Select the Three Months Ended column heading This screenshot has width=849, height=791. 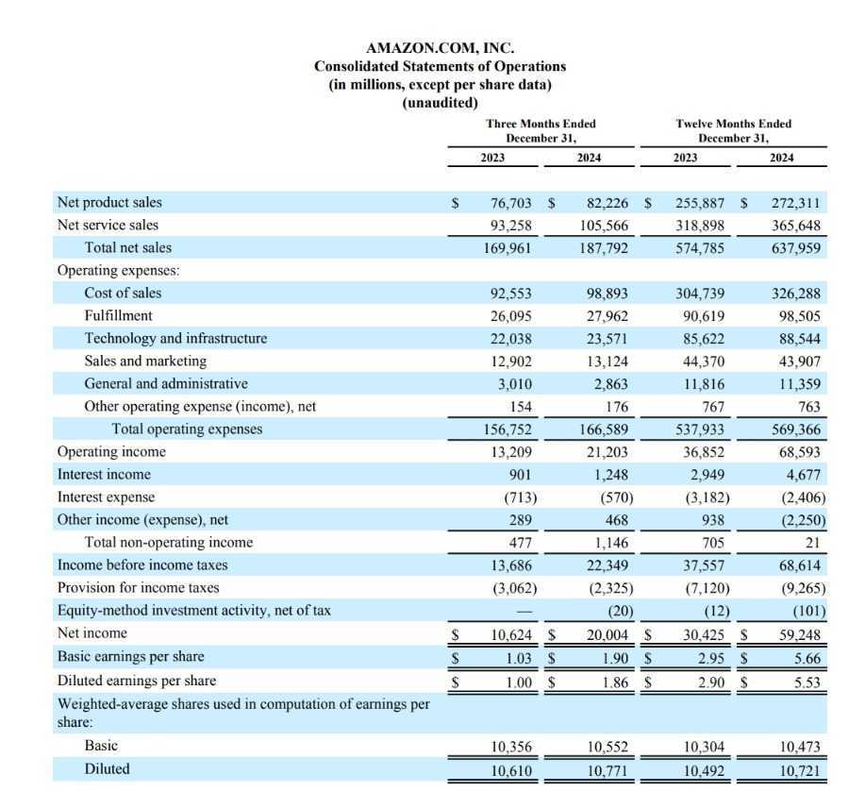(541, 124)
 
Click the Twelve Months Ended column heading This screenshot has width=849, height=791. (733, 124)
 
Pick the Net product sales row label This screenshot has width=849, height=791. (109, 202)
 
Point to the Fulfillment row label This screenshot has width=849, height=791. (118, 315)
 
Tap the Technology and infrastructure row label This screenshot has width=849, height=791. (175, 338)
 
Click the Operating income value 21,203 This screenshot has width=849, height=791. (606, 452)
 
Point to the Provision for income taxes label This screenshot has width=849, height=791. (138, 587)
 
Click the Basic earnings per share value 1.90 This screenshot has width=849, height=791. (612, 657)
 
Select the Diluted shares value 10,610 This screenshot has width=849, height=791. (511, 769)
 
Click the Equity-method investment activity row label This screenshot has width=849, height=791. (193, 610)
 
